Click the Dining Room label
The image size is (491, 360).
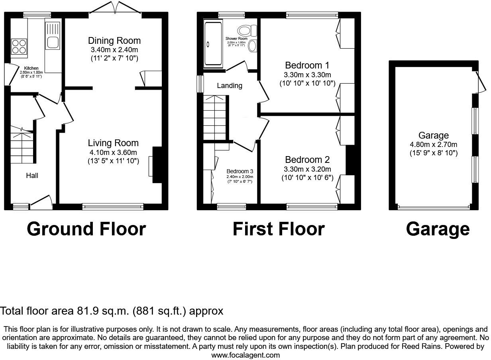pos(114,41)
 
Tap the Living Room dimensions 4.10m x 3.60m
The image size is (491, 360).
pos(113,153)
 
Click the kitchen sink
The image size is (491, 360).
pos(53,35)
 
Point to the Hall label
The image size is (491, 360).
pos(32,176)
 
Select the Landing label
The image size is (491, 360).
pos(230,86)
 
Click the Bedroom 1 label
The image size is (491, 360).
pos(307,65)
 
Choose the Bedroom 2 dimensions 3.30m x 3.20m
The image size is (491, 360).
pos(307,169)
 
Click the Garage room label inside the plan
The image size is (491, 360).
pos(434,136)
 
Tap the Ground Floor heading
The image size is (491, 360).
pos(86,229)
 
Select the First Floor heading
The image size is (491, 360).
pos(279,229)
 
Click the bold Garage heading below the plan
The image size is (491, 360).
pos(438,229)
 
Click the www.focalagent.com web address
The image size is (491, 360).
pos(245,355)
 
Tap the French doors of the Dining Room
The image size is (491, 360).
pos(115,9)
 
